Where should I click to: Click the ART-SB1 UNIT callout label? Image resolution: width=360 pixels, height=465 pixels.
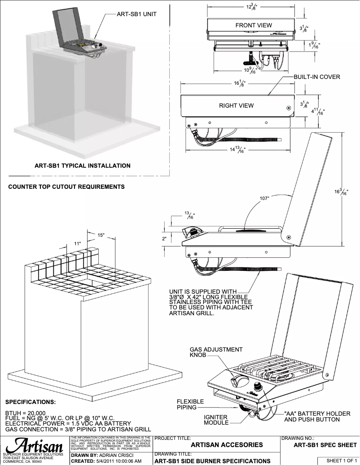click(x=136, y=14)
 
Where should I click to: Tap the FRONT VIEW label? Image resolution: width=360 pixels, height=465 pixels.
click(x=254, y=26)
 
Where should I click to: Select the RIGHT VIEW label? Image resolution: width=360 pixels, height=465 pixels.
click(x=236, y=105)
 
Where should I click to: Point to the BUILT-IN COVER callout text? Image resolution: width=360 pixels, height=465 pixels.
click(x=317, y=77)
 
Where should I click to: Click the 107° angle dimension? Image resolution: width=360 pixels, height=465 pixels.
click(x=265, y=198)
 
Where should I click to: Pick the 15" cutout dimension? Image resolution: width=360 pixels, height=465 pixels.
click(x=101, y=235)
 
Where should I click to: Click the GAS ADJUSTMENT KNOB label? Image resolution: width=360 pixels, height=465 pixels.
click(x=216, y=352)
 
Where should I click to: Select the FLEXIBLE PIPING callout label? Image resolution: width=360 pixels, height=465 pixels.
click(x=190, y=404)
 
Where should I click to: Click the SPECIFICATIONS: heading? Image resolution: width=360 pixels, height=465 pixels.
click(x=31, y=402)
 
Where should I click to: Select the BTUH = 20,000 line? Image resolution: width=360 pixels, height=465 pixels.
click(x=25, y=413)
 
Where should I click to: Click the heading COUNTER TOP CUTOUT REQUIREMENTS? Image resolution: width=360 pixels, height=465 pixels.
click(x=66, y=187)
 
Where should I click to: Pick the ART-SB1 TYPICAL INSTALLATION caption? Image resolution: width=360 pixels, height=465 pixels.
click(x=83, y=165)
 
